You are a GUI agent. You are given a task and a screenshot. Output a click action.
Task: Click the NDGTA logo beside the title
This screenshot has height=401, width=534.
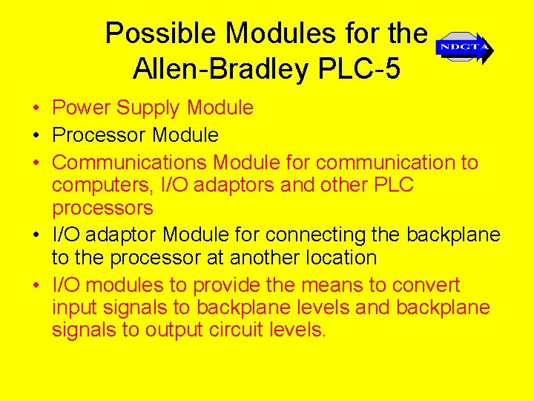[464, 48]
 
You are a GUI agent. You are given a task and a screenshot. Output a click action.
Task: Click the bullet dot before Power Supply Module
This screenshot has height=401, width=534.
[36, 108]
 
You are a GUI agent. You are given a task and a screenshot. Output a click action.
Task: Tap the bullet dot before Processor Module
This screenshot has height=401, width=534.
[36, 136]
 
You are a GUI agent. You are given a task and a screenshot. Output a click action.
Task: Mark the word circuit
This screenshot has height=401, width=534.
[235, 330]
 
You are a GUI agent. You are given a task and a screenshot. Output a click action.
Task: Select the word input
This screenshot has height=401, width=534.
[73, 307]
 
